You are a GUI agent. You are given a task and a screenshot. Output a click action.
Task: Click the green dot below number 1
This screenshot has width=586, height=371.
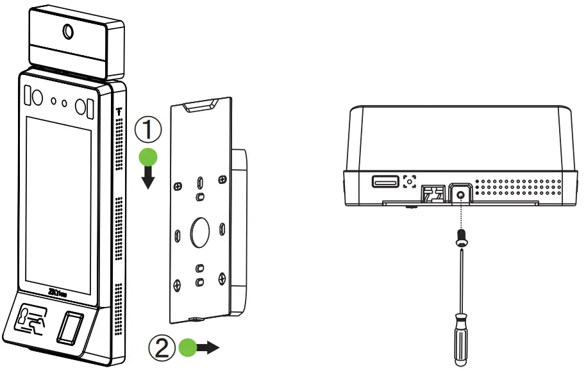[149, 158]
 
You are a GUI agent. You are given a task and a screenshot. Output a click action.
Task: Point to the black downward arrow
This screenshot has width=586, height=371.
[149, 179]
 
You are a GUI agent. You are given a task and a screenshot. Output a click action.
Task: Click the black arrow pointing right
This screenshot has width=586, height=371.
[209, 348]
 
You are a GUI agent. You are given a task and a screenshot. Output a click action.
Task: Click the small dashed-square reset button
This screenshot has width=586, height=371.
[409, 182]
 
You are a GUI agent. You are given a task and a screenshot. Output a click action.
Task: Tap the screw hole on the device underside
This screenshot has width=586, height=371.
[460, 192]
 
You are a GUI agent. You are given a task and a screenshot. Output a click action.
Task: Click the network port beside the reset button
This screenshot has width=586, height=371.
[432, 192]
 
